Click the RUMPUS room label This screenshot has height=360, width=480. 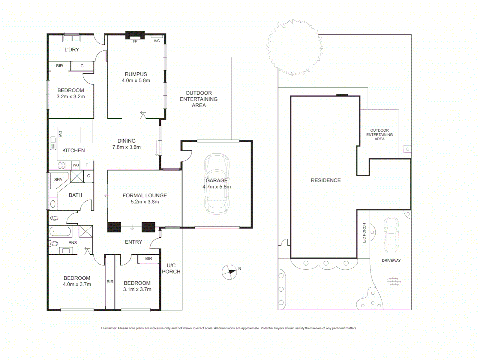pos(136,74)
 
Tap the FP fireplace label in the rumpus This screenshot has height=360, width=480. pos(135,41)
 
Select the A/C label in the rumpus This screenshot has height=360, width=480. pos(157,41)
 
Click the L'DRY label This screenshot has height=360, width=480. pos(72,50)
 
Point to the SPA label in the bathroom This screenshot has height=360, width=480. pos(58,179)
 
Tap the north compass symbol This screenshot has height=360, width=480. pos(229,272)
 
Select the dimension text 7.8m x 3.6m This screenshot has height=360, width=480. pos(126,147)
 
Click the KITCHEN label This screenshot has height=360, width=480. pos(73,150)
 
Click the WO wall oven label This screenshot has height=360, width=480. pos(76,165)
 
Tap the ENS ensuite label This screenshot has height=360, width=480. pos(73,243)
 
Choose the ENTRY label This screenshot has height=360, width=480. pos(133,242)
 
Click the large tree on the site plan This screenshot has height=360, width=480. pos(294,48)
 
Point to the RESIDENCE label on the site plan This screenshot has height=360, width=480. pos(326,180)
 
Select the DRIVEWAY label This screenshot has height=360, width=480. pos(391,260)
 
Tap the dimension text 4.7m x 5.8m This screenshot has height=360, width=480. pos(216,187)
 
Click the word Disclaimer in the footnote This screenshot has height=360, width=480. pos(109,328)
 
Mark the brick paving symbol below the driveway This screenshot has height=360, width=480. pos(394,281)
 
